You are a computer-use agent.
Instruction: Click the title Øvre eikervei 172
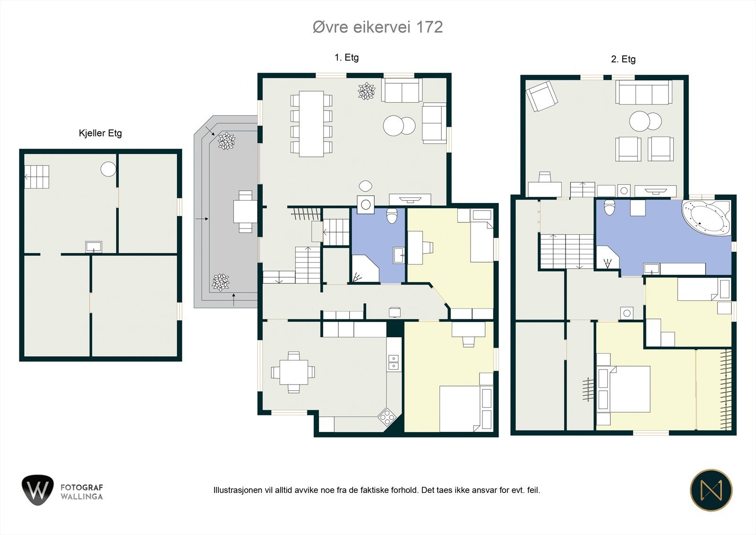tap(378, 27)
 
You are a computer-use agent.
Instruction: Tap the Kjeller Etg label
tap(100, 133)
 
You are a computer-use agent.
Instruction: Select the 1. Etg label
tap(347, 57)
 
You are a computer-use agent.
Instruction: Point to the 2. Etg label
tap(623, 59)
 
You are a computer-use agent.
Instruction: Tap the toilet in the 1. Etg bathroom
tap(392, 216)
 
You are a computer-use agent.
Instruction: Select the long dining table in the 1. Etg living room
tap(311, 123)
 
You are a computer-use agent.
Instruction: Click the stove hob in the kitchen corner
tap(387, 417)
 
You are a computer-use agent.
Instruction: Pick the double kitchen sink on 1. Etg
tap(394, 362)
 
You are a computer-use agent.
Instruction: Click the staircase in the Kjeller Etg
tap(36, 177)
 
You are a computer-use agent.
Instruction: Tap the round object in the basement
tap(108, 169)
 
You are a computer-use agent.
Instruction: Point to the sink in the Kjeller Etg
tap(94, 247)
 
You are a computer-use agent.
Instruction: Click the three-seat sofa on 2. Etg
tap(644, 92)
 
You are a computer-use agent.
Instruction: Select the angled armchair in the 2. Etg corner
tap(541, 96)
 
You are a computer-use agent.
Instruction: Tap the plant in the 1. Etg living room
tap(367, 91)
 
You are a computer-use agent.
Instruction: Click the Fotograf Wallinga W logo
tap(37, 490)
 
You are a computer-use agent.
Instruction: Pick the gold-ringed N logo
tap(712, 490)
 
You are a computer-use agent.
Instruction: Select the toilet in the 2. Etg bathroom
tap(609, 207)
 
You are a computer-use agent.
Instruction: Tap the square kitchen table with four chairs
tap(293, 372)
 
